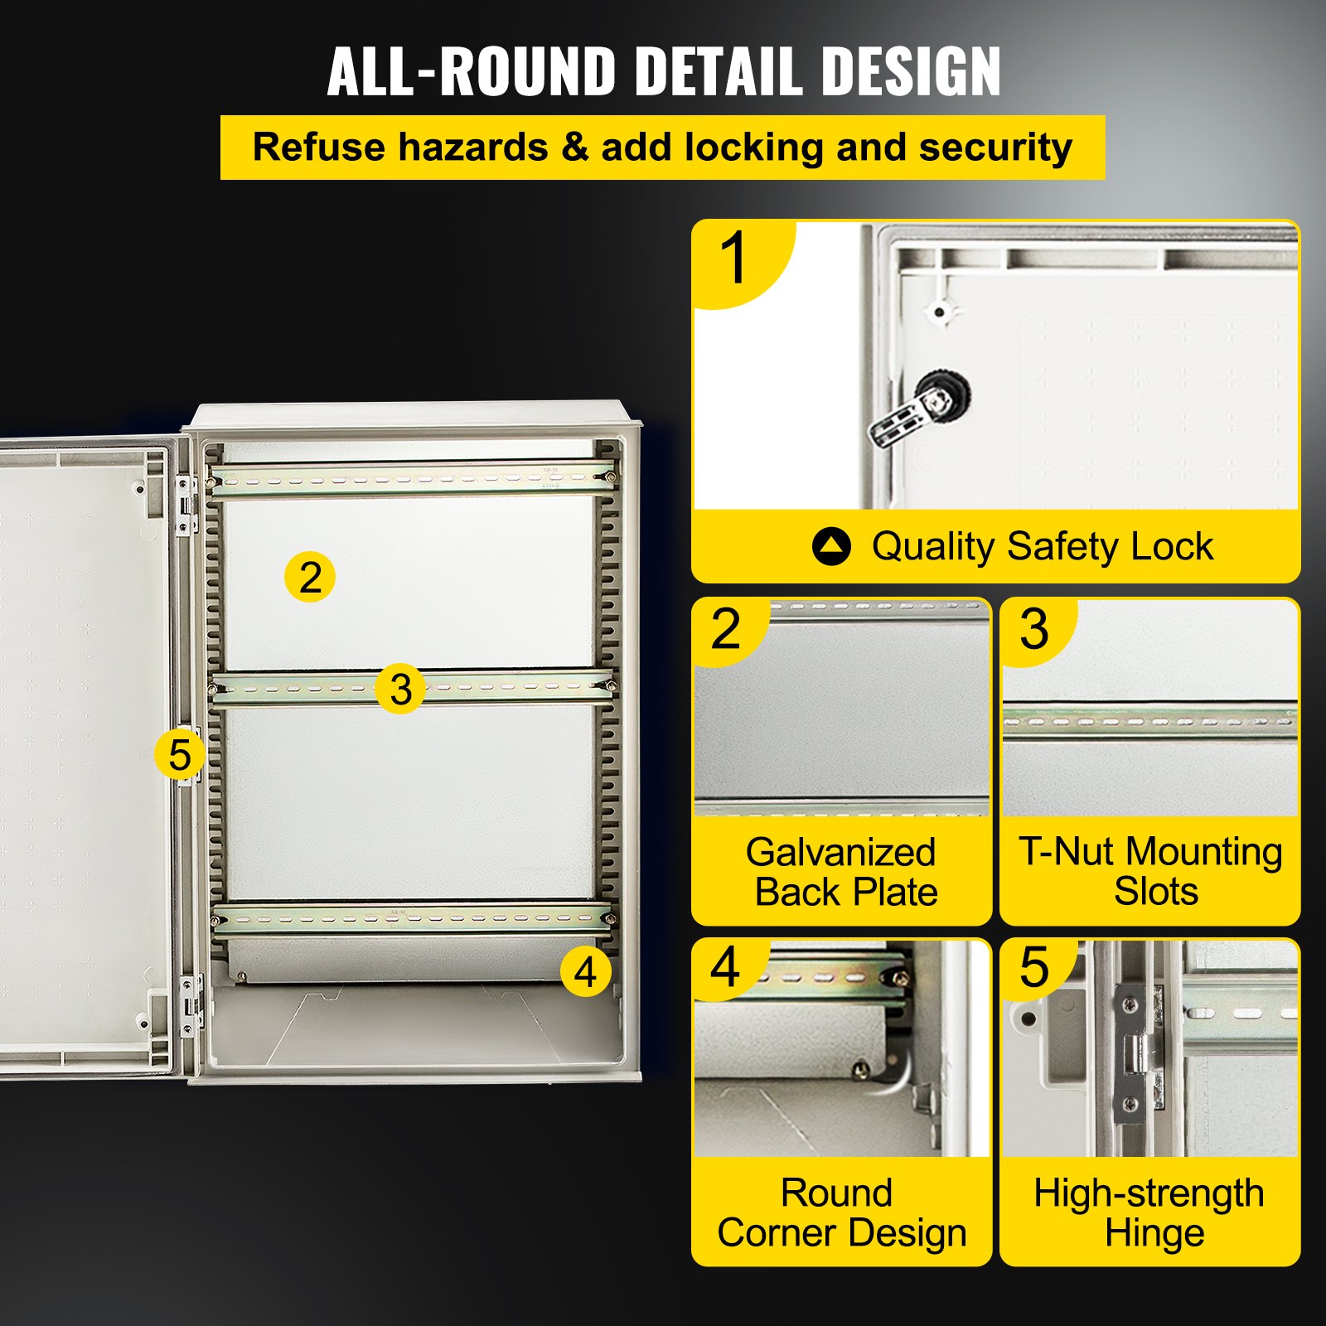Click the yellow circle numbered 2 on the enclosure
pos(310,577)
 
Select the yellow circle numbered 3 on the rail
pos(400,689)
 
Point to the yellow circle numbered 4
pos(585,971)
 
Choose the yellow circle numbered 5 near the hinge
pos(180,754)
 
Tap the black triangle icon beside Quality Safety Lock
pos(831,547)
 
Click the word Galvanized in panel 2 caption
pos(840,852)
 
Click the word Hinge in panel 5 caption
pos(1154,1232)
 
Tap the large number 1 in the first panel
pos(734,259)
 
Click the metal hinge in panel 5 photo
pos(1139,1053)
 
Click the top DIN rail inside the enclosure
pos(412,480)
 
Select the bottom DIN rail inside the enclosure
pos(412,919)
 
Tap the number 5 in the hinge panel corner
pos(1034,966)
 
